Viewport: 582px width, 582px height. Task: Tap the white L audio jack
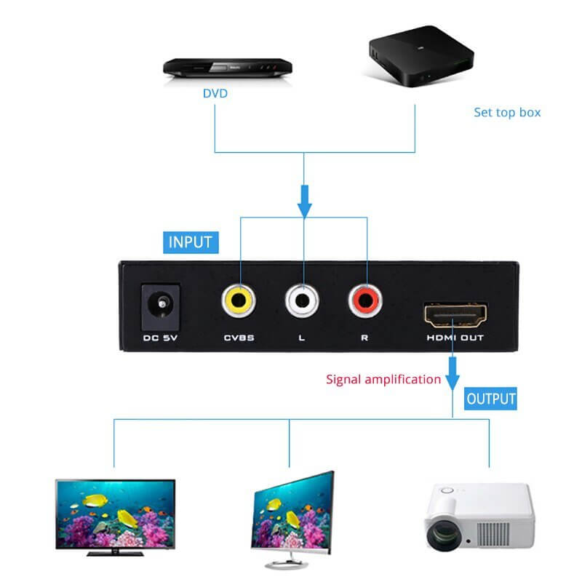[302, 300]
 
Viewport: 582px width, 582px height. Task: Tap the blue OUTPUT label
[491, 398]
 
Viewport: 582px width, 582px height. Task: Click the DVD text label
[215, 94]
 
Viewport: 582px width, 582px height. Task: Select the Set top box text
[507, 112]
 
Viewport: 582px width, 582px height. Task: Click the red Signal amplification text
[383, 378]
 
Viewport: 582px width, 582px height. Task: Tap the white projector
[479, 519]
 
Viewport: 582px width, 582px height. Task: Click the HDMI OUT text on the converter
[455, 338]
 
